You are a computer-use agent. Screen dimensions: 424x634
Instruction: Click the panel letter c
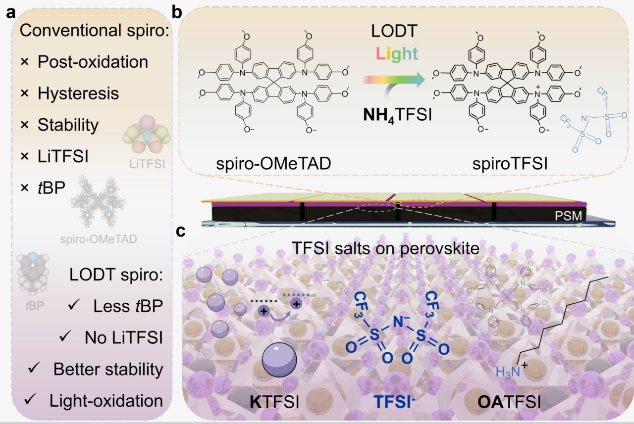coord(181,231)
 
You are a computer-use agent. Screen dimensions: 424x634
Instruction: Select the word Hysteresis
coord(78,94)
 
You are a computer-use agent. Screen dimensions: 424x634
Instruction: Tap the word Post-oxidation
coord(93,62)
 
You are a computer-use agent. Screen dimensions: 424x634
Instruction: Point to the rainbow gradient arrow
coord(393,80)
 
